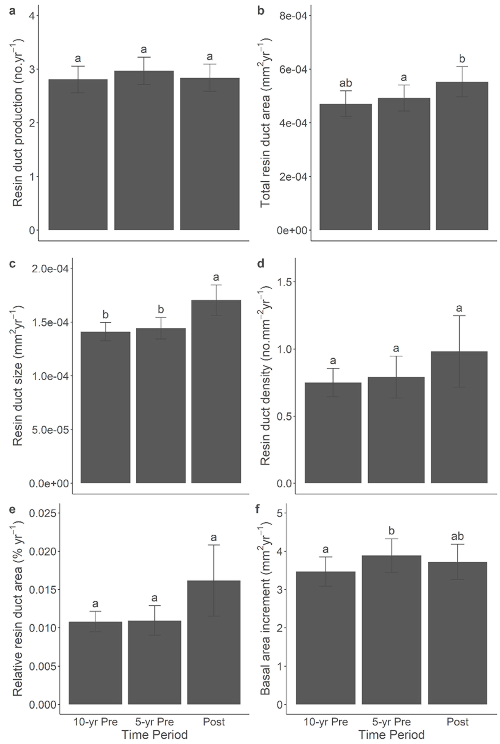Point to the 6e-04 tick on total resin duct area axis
tap(293, 69)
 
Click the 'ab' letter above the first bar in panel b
tap(346, 83)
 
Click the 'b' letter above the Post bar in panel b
tap(462, 59)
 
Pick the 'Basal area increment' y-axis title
tap(266, 603)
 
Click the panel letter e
tap(12, 509)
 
